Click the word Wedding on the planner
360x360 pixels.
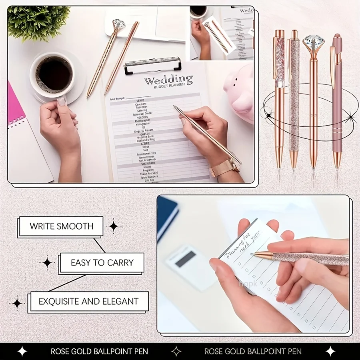click(168, 80)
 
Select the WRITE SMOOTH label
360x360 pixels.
click(61, 226)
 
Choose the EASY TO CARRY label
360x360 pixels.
click(102, 263)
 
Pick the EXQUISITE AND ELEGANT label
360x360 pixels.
click(88, 302)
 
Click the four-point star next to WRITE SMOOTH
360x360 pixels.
click(114, 226)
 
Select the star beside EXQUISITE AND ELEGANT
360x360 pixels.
click(17, 303)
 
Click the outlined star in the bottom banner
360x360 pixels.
click(176, 351)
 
